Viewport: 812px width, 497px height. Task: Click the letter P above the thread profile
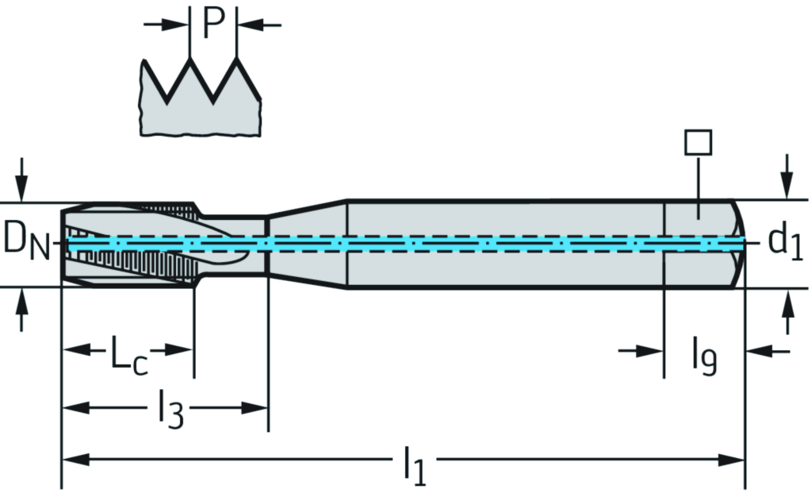[x=213, y=24]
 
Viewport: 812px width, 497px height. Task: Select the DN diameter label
[x=23, y=241]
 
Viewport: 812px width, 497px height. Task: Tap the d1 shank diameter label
[x=785, y=241]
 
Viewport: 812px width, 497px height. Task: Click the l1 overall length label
[x=413, y=466]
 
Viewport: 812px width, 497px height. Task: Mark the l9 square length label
[x=704, y=356]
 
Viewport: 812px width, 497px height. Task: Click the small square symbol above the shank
[x=698, y=143]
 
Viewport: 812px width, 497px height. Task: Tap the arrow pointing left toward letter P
[x=251, y=25]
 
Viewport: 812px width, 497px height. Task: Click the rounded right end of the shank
[x=737, y=242]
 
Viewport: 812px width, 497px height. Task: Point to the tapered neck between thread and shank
[x=308, y=242]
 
